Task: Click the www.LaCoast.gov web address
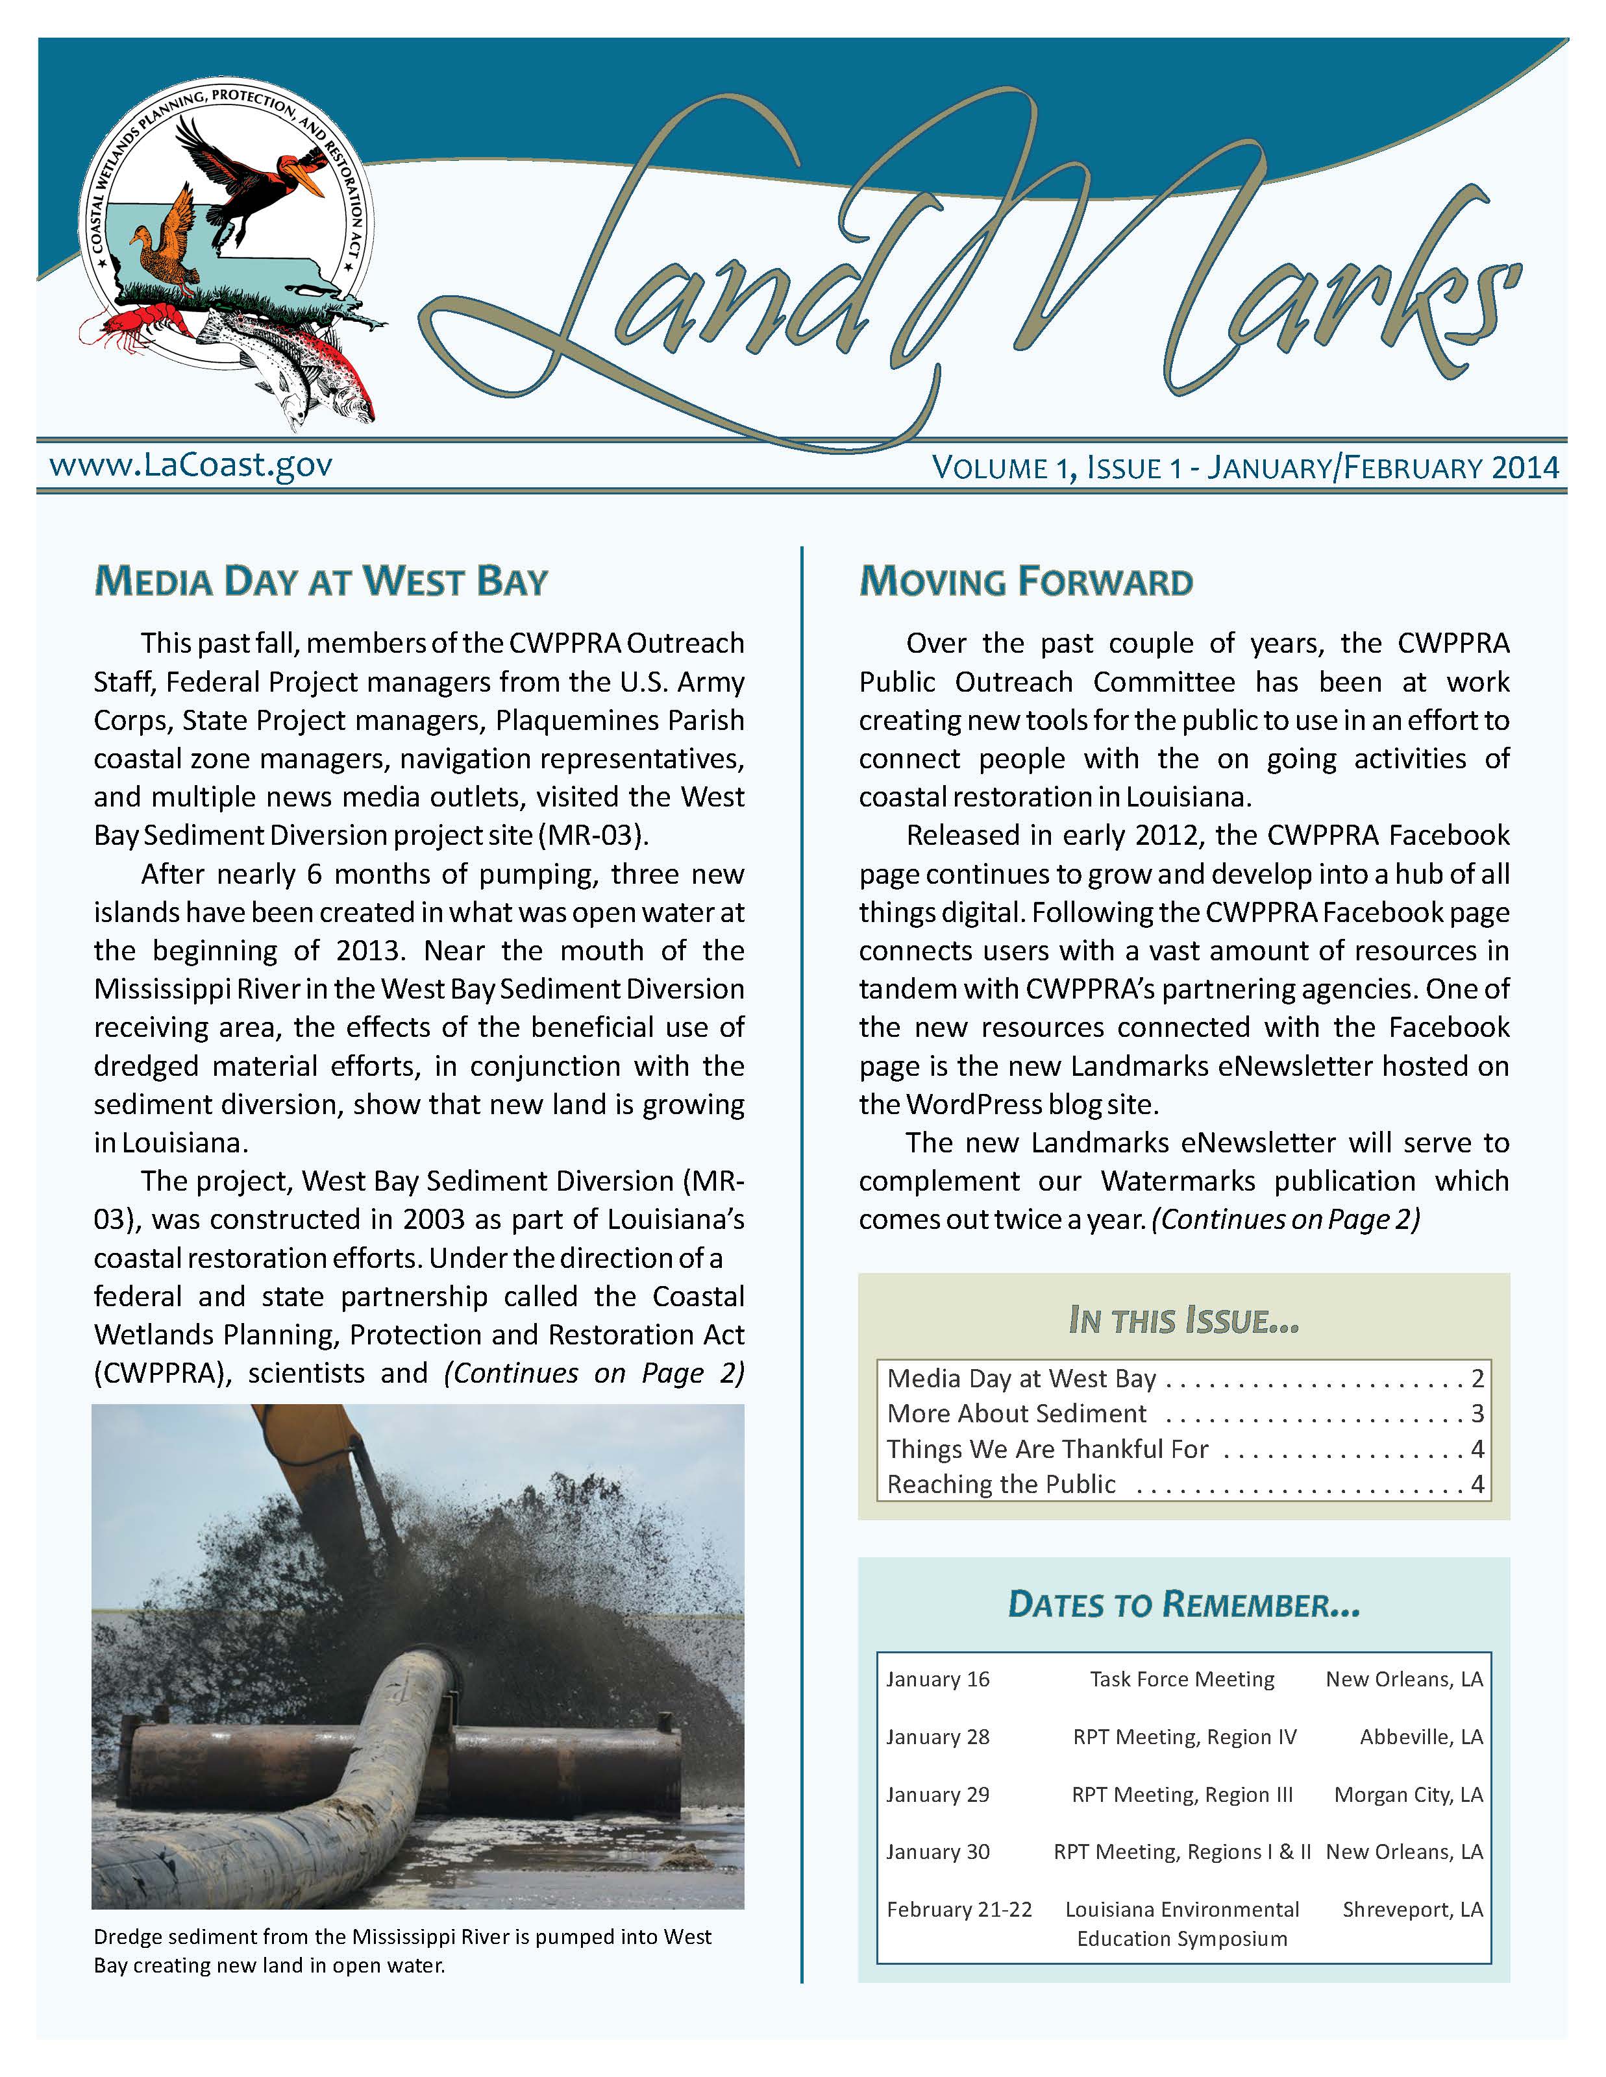190,465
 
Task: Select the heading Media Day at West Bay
321,582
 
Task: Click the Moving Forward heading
1026,582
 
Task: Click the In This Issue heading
1183,1321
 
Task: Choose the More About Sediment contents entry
1016,1413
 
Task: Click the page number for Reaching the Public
1477,1483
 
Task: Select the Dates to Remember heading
1183,1605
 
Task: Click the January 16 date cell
938,1679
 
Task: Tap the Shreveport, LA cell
1412,1910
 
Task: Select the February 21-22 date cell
959,1910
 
